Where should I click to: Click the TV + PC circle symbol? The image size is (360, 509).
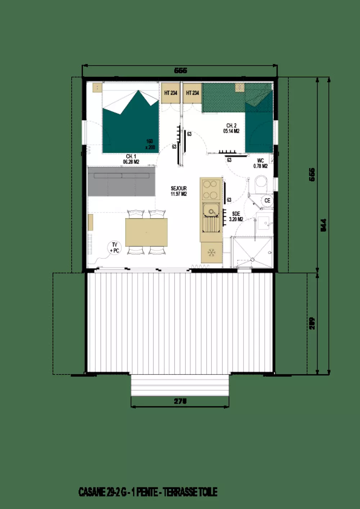(114, 247)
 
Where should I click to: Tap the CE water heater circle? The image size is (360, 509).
(267, 200)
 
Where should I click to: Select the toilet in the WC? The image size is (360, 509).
(261, 183)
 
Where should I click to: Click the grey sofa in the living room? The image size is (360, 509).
(121, 181)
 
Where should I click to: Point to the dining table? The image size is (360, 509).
(146, 232)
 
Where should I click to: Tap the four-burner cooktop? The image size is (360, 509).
(211, 190)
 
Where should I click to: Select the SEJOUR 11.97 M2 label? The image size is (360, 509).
(179, 191)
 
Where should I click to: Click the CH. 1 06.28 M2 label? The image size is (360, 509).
(131, 159)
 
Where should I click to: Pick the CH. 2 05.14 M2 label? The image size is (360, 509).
(231, 128)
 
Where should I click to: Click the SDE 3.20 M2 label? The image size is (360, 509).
(236, 216)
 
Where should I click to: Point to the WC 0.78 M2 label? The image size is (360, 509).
(260, 163)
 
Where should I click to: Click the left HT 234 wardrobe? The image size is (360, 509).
(171, 93)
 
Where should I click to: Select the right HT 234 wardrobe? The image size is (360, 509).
(192, 93)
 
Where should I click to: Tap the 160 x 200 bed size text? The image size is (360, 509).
(150, 144)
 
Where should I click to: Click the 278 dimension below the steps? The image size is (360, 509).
(180, 401)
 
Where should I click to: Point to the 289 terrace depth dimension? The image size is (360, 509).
(312, 323)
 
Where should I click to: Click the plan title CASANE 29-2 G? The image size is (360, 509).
(148, 492)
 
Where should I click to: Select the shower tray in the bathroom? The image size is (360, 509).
(253, 252)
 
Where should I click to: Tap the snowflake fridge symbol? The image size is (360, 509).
(212, 253)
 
